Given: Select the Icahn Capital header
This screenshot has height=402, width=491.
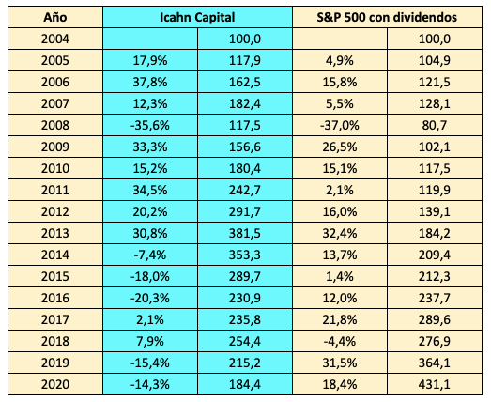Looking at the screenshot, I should coord(196,17).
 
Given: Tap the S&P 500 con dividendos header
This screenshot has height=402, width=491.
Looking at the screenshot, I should coord(389,17).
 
